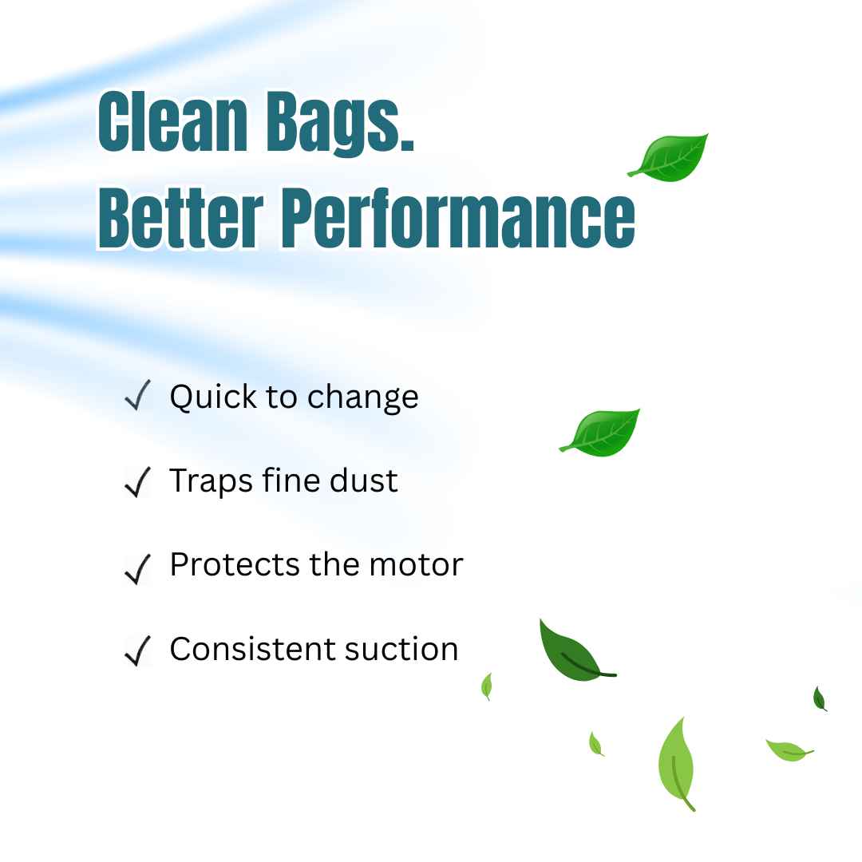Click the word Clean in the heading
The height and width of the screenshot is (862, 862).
pos(173,121)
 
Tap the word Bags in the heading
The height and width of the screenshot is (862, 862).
pos(340,125)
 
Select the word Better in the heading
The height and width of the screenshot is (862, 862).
pos(180,218)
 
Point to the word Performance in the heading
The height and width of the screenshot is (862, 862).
pos(459,218)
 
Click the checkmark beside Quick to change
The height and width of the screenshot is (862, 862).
pos(137,395)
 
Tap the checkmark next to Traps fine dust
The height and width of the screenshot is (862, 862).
pos(137,481)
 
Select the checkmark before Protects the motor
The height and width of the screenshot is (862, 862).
pos(137,568)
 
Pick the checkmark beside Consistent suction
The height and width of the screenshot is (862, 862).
pos(137,650)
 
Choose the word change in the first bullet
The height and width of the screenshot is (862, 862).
pos(363,397)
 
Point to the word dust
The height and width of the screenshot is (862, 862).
pos(363,480)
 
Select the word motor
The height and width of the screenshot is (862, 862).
pos(416,565)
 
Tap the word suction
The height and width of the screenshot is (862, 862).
pos(401,649)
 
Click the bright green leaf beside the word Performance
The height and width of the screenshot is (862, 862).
pos(670,158)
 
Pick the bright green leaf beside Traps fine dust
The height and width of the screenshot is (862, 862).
pos(602,433)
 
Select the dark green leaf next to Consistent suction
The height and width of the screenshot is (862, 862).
pos(571,653)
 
